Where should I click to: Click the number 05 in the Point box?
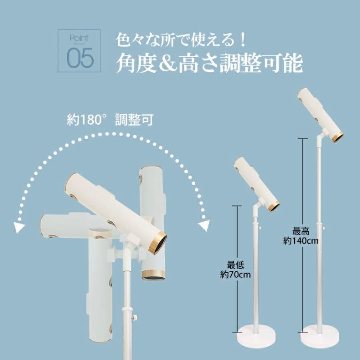[x=80, y=58]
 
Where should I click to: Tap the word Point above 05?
[x=79, y=38]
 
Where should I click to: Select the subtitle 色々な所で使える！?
[x=181, y=40]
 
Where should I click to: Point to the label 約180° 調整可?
[x=110, y=120]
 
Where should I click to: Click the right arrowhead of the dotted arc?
[x=204, y=225]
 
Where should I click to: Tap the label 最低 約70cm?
[x=235, y=270]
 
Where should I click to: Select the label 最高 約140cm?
[x=301, y=236]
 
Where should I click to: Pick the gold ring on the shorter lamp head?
[x=274, y=206]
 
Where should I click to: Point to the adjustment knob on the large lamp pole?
[x=135, y=318]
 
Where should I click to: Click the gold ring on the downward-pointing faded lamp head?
[x=153, y=275]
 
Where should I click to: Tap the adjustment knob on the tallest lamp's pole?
[x=323, y=228]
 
